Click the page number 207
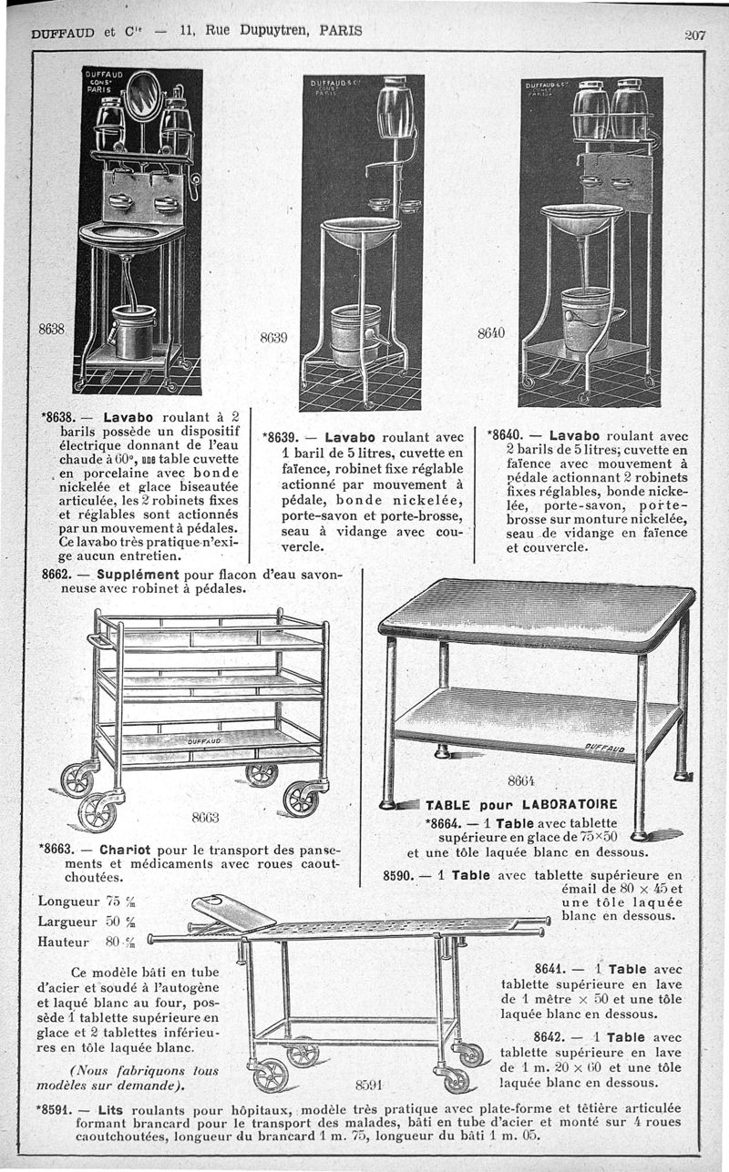pyautogui.click(x=695, y=36)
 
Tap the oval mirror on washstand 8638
pyautogui.click(x=142, y=97)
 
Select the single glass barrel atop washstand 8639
pyautogui.click(x=395, y=107)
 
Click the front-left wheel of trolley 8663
pyautogui.click(x=97, y=810)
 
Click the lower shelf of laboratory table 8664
pyautogui.click(x=538, y=719)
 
